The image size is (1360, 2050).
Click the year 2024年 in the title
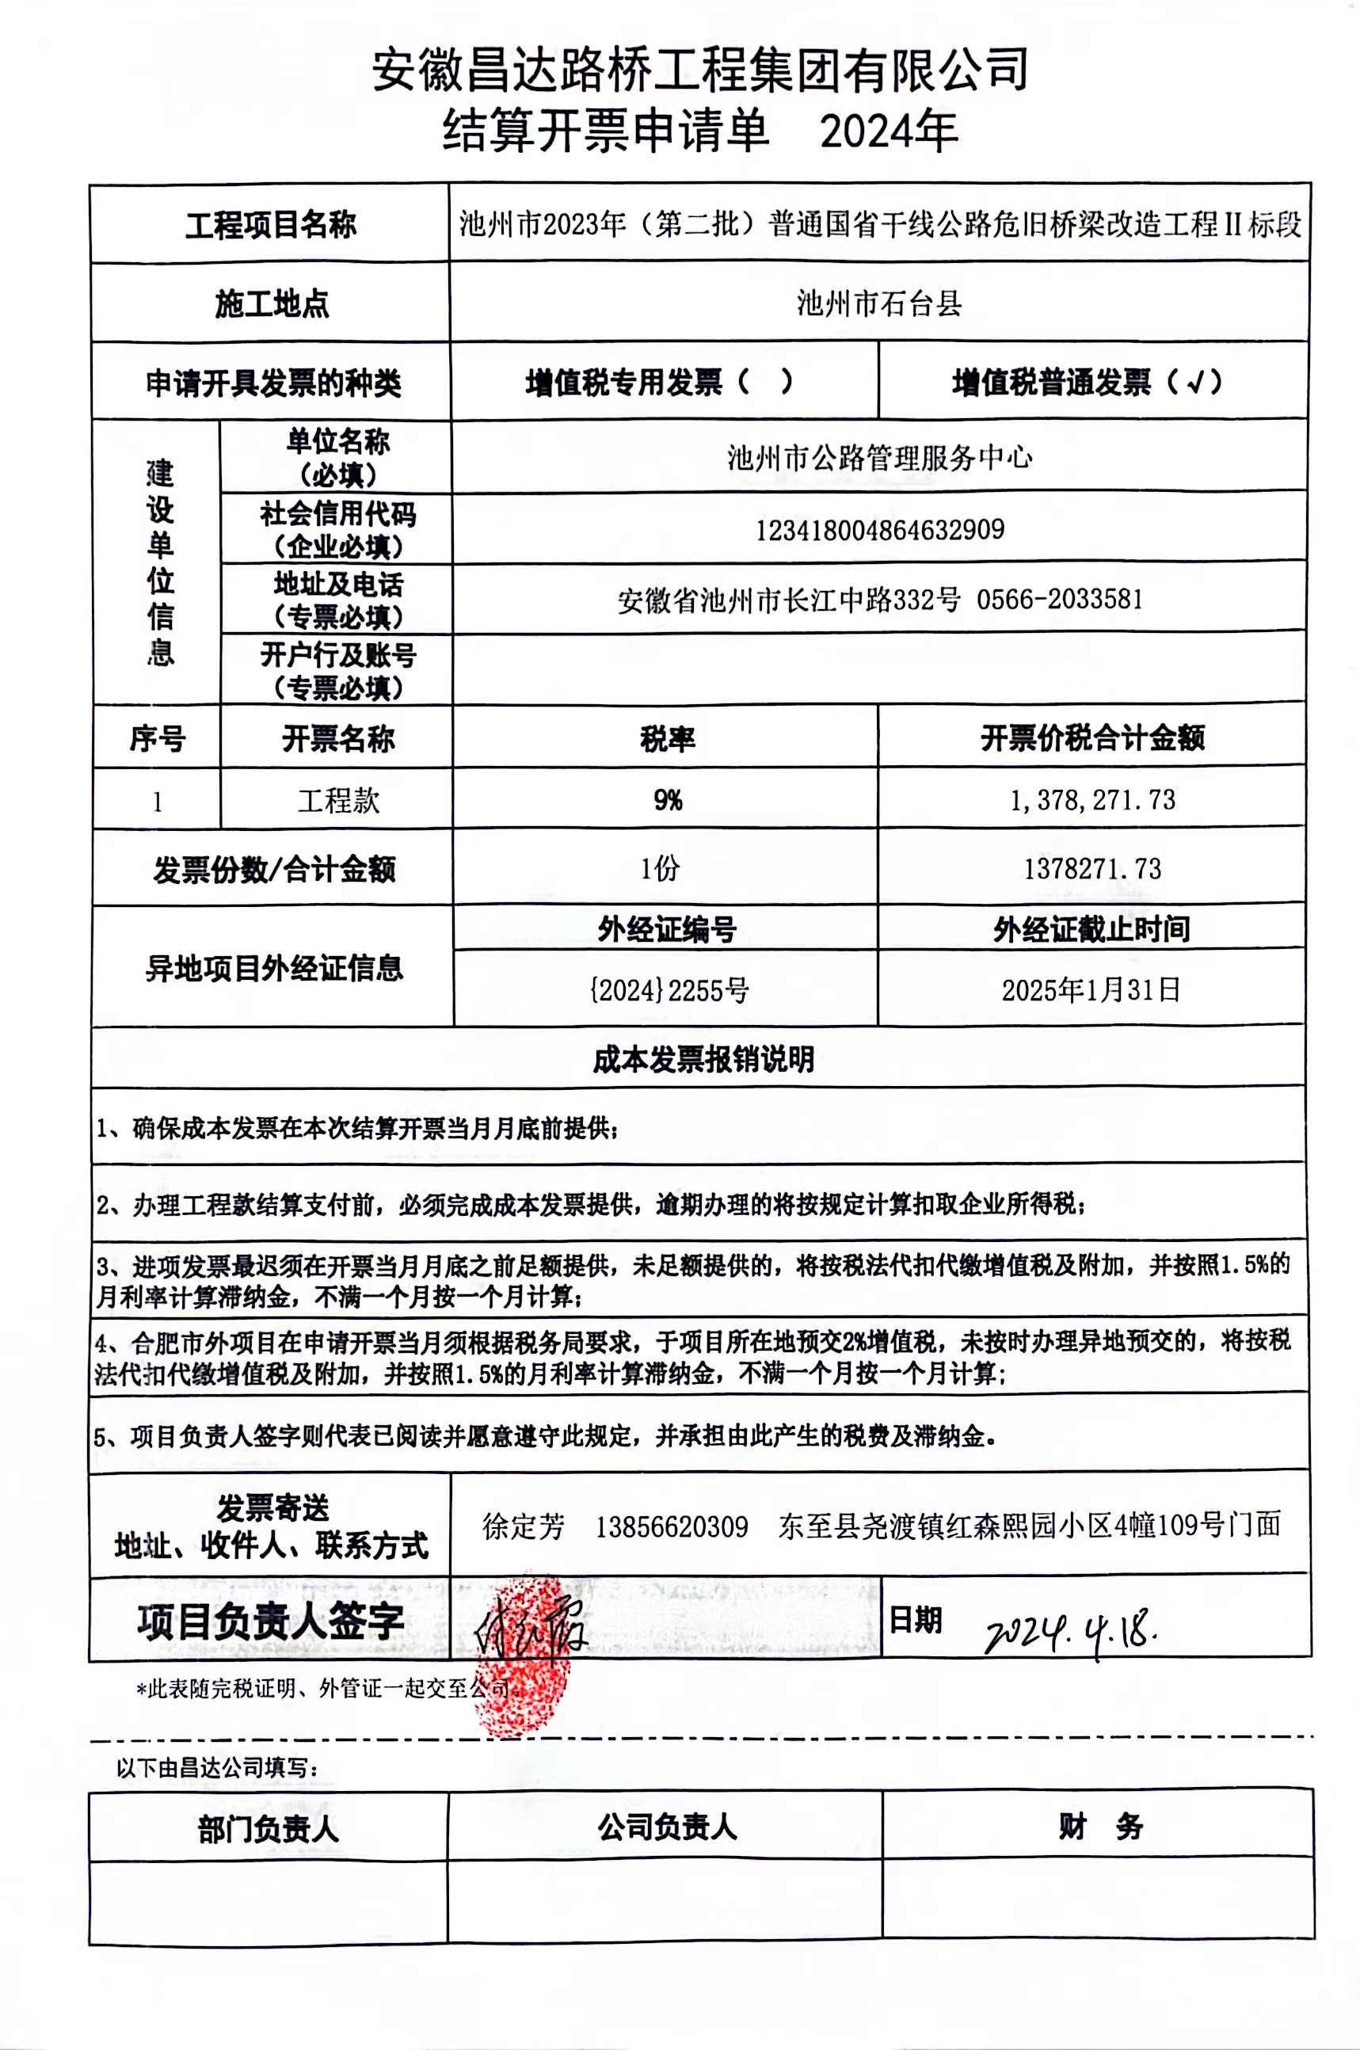coord(888,131)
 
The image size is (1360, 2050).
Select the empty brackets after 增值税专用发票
coord(764,383)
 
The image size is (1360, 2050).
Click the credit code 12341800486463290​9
coord(879,529)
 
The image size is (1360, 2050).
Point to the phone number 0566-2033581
coord(1060,599)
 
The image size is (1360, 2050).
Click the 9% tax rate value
coord(668,799)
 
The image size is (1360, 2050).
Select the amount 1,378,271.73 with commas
coord(1092,799)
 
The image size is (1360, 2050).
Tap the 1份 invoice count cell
coord(661,868)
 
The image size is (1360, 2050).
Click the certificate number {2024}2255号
coord(668,990)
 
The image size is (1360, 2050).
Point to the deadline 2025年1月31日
coord(1091,989)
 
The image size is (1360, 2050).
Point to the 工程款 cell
coord(338,800)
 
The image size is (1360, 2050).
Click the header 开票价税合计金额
coord(1092,738)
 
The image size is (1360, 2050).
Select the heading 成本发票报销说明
coord(703,1059)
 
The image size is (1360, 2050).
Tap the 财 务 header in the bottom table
coord(1099,1827)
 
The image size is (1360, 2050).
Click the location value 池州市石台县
coord(878,303)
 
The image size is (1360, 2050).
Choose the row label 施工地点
coord(272,304)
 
